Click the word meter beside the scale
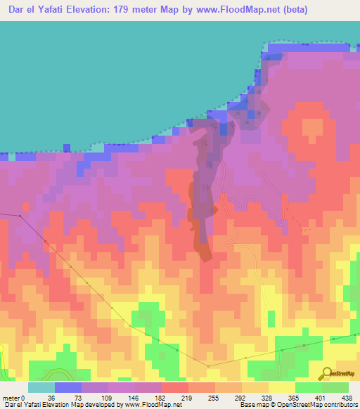pyautogui.click(x=12, y=397)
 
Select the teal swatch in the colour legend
pyautogui.click(x=41, y=387)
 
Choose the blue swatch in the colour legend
pyautogui.click(x=67, y=387)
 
